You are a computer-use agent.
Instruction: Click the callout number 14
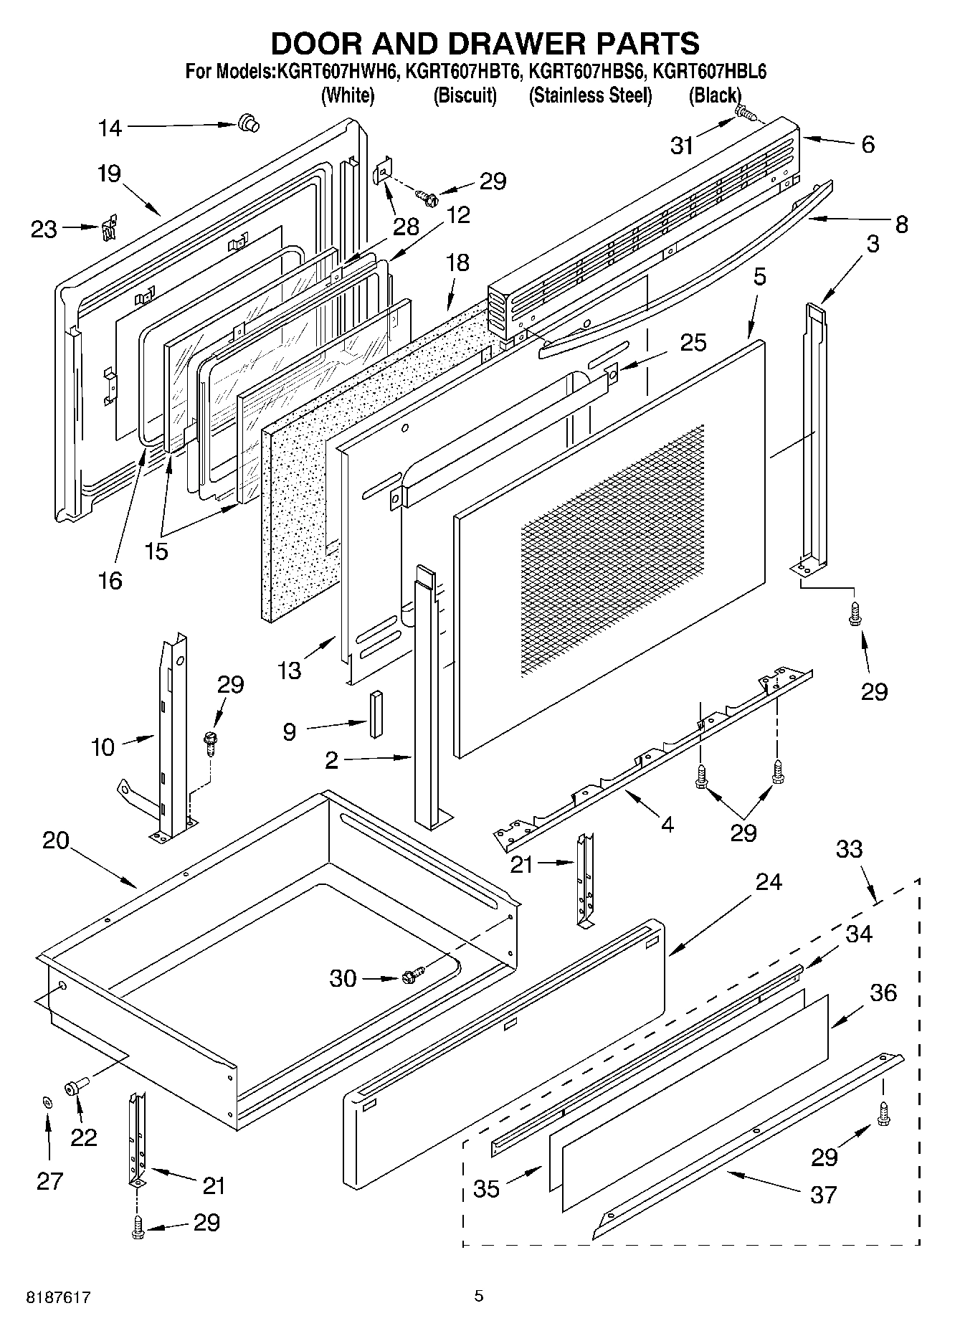point(110,128)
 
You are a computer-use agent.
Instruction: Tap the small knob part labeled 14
point(249,123)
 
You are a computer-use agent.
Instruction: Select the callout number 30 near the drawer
point(343,978)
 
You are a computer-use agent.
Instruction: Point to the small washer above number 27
point(47,1102)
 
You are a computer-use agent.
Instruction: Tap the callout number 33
point(849,849)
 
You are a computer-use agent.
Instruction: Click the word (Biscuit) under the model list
point(465,95)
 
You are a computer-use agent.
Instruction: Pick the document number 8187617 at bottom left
point(59,1297)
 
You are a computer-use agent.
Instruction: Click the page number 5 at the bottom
point(479,1295)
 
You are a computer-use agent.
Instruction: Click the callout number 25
point(693,342)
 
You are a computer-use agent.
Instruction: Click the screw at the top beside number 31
point(745,113)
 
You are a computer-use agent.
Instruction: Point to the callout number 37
point(823,1195)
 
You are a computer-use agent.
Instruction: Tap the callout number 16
point(110,580)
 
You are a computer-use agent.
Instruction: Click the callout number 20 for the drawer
point(55,840)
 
